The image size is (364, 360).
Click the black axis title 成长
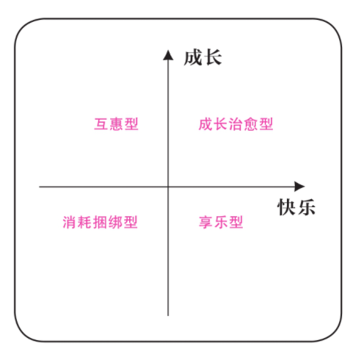tap(203, 57)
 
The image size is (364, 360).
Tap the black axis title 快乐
tap(296, 207)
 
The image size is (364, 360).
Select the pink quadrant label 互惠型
tap(116, 124)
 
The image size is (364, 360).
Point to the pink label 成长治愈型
tap(236, 124)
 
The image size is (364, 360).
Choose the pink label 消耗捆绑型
tap(100, 222)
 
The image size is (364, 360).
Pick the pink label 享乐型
tap(221, 222)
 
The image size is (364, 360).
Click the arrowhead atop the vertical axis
tap(168, 55)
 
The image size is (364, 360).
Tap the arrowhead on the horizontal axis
tap(299, 187)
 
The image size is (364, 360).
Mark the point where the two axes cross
tap(168, 187)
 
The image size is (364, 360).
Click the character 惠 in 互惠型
tap(116, 124)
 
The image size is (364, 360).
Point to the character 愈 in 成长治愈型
tap(251, 124)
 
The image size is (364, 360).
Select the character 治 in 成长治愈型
tap(236, 124)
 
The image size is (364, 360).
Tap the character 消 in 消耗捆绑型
tap(70, 222)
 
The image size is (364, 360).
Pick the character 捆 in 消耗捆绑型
tap(100, 222)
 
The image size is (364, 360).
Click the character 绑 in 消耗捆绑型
tap(115, 222)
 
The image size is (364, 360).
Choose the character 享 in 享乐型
tap(205, 222)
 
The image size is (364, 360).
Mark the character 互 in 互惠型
tap(101, 124)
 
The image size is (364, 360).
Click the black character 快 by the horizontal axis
tap(286, 207)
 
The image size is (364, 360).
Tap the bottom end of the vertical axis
tap(168, 316)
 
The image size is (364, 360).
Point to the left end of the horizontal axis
tap(40, 187)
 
